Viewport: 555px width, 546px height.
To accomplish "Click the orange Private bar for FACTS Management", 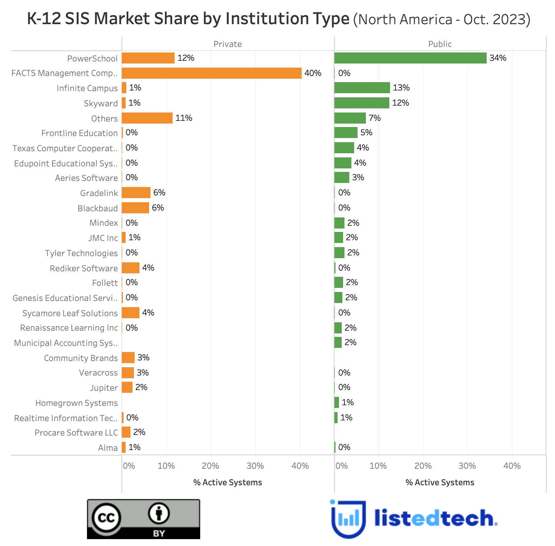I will pos(212,73).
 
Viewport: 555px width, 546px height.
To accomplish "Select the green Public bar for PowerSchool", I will pos(410,58).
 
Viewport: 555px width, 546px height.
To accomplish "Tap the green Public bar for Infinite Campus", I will pos(362,88).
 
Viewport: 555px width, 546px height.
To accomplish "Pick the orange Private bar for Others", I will pos(147,118).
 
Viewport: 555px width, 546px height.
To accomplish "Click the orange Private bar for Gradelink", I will pos(136,193).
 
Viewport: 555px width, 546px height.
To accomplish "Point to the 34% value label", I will pos(498,58).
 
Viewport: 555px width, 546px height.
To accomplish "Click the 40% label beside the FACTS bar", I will pos(313,73).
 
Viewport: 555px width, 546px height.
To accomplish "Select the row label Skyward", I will pos(101,103).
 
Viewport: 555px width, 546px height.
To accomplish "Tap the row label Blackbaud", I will pos(98,208).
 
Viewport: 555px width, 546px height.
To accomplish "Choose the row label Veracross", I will pos(98,373).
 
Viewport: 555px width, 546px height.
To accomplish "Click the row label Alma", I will pos(108,448).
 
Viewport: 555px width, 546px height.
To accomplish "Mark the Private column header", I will pos(227,44).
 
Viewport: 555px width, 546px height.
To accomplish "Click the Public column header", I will pos(440,44).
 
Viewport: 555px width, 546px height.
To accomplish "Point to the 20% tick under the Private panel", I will pos(211,466).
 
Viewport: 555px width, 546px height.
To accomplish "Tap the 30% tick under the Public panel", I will pos(467,466).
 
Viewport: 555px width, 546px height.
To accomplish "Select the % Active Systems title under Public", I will pos(440,482).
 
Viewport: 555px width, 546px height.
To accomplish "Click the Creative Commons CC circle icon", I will pos(106,518).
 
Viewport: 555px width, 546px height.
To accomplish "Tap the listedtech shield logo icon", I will pos(348,519).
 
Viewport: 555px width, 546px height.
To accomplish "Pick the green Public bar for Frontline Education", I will pos(346,133).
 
